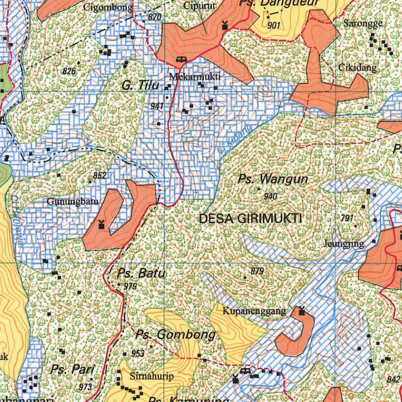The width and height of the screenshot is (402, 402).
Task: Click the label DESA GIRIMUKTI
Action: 250,219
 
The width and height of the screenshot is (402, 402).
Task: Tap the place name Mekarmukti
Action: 195,77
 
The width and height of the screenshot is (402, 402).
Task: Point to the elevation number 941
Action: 157,106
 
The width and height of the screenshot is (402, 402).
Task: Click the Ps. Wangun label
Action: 273,180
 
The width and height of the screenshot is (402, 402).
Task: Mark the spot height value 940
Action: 270,196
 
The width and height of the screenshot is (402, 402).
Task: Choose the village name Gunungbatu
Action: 66,202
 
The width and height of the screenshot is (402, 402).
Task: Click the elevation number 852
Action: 100,175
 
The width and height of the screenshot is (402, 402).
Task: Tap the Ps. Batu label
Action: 141,273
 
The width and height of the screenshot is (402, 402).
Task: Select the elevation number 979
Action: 130,286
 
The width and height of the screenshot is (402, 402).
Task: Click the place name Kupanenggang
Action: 254,312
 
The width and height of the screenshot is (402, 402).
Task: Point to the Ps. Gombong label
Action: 175,335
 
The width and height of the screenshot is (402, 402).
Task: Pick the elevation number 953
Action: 138,353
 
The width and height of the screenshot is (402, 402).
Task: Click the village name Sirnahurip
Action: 152,376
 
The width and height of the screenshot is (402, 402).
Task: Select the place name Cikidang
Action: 357,68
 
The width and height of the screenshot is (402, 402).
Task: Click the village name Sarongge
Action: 363,23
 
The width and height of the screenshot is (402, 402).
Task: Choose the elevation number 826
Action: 69,71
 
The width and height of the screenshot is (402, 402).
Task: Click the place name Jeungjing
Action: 344,244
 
